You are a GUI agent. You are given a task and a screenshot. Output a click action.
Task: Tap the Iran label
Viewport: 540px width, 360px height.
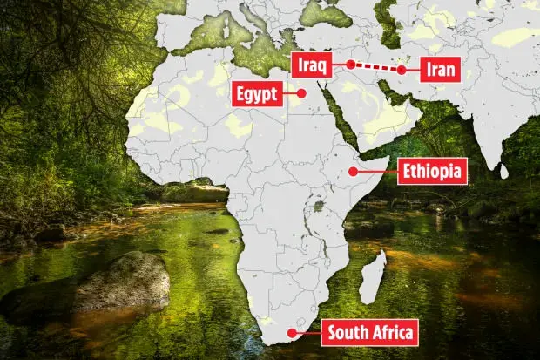[x=439, y=69]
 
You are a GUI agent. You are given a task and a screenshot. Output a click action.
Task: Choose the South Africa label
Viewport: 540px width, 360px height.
[x=368, y=332]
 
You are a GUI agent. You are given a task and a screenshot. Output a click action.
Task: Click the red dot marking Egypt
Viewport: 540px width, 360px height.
[x=302, y=93]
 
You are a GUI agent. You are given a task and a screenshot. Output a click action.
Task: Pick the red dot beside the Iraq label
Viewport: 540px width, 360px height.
[x=349, y=64]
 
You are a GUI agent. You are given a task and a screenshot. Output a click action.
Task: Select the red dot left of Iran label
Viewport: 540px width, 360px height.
[x=402, y=70]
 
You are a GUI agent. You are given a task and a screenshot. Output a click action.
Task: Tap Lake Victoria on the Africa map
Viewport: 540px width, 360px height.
[x=319, y=207]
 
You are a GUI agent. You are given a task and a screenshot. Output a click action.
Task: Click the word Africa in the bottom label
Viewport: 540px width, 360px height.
[x=391, y=332]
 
